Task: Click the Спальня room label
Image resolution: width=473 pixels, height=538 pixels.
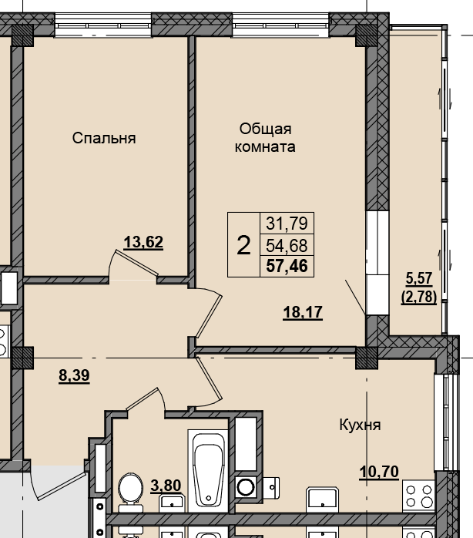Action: tap(104, 138)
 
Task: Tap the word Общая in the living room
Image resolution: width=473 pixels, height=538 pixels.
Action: tap(264, 129)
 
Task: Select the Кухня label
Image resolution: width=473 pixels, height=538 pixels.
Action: tap(359, 425)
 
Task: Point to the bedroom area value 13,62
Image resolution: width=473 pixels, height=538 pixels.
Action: tap(143, 243)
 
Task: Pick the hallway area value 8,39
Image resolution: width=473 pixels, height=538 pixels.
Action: tap(73, 376)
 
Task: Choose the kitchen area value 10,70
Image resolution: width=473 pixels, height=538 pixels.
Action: tap(380, 470)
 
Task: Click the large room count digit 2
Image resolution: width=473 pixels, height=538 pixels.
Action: tap(243, 246)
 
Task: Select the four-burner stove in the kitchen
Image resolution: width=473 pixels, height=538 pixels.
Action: tap(419, 496)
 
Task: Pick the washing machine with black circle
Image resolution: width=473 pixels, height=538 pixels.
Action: tap(247, 487)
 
